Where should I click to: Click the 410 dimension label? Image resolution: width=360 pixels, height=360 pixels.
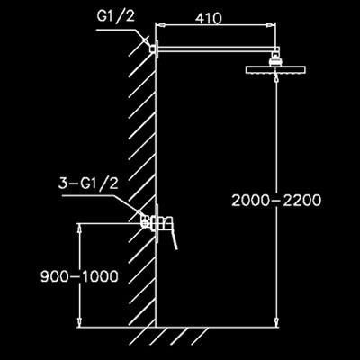(209, 19)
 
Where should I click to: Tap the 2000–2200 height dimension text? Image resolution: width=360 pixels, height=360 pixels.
(276, 201)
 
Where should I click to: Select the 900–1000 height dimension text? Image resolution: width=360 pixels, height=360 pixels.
(79, 276)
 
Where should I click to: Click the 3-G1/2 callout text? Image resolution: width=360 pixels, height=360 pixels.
(88, 184)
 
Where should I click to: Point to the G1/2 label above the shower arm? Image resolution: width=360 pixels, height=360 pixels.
(116, 17)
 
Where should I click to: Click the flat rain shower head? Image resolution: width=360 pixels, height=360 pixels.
(275, 69)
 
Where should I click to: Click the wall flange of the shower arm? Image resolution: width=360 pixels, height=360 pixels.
(157, 48)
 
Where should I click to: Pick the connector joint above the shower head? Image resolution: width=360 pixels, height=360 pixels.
(274, 59)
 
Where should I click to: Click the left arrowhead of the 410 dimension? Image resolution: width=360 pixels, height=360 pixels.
(159, 26)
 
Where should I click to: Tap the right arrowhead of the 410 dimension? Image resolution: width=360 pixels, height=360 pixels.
(271, 26)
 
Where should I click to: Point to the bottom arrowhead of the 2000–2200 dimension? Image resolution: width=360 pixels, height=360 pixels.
(276, 322)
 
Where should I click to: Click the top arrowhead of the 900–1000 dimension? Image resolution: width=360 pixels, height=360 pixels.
(80, 228)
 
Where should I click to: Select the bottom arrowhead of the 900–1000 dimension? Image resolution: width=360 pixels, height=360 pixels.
(80, 322)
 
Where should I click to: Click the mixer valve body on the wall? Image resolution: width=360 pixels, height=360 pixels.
(160, 223)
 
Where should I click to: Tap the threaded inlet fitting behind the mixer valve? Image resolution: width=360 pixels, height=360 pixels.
(147, 221)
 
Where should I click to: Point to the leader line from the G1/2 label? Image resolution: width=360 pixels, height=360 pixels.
(123, 37)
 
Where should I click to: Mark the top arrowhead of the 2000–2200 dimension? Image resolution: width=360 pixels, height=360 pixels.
(276, 78)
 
